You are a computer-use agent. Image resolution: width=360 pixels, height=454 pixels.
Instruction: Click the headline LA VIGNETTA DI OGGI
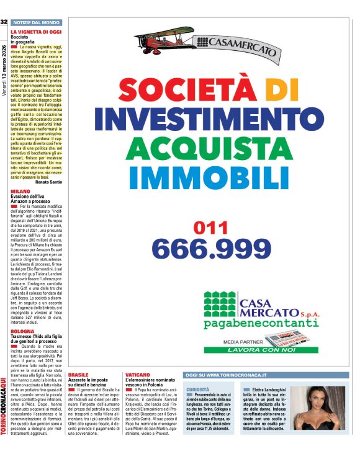36,31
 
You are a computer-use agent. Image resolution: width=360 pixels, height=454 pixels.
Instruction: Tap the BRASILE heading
78,375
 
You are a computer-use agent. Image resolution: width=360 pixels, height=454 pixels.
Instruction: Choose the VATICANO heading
138,375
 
